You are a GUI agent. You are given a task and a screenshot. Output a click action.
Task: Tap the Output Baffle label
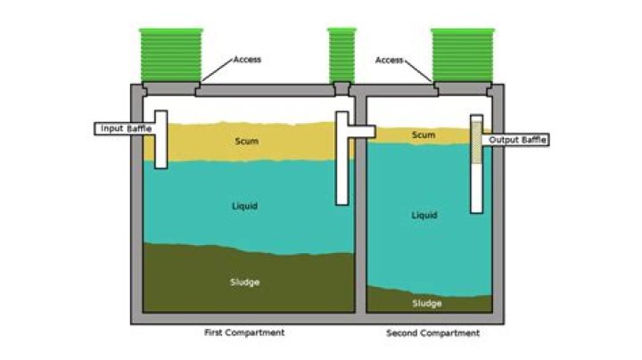click(x=514, y=140)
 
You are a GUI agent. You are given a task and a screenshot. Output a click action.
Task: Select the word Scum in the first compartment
click(x=246, y=141)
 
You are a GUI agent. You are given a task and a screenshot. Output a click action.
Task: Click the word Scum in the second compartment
click(x=424, y=135)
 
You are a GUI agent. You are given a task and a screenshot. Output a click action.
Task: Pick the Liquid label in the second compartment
click(x=424, y=215)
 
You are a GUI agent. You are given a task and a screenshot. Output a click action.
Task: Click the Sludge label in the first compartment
click(x=244, y=283)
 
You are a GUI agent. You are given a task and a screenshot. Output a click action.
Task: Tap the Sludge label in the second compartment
click(x=426, y=303)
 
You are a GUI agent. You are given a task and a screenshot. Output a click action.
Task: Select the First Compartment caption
click(x=244, y=332)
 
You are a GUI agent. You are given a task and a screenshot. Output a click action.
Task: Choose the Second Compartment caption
click(x=433, y=333)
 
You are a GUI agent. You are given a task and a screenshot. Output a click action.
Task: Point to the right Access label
click(x=390, y=61)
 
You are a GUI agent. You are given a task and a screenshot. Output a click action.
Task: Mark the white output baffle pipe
click(x=477, y=183)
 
